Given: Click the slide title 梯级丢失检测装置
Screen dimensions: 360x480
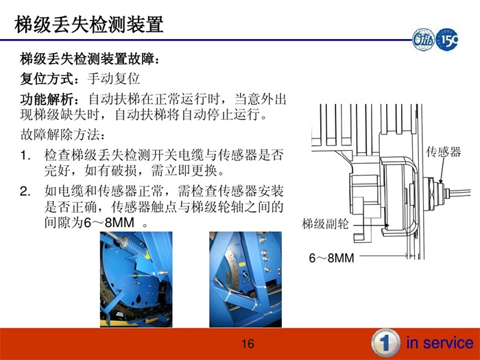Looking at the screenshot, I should (x=89, y=25).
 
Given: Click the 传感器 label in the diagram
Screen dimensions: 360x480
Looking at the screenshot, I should (x=443, y=152).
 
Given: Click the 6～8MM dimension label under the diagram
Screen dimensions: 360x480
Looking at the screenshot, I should (x=331, y=259).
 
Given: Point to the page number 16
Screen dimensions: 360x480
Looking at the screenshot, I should (x=248, y=344).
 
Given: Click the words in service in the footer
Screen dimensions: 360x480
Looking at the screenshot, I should (x=440, y=343).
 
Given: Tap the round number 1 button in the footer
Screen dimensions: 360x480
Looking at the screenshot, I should (x=385, y=343).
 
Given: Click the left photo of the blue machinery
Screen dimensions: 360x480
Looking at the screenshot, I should (x=136, y=279).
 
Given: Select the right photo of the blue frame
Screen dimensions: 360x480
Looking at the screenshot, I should (x=245, y=279).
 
